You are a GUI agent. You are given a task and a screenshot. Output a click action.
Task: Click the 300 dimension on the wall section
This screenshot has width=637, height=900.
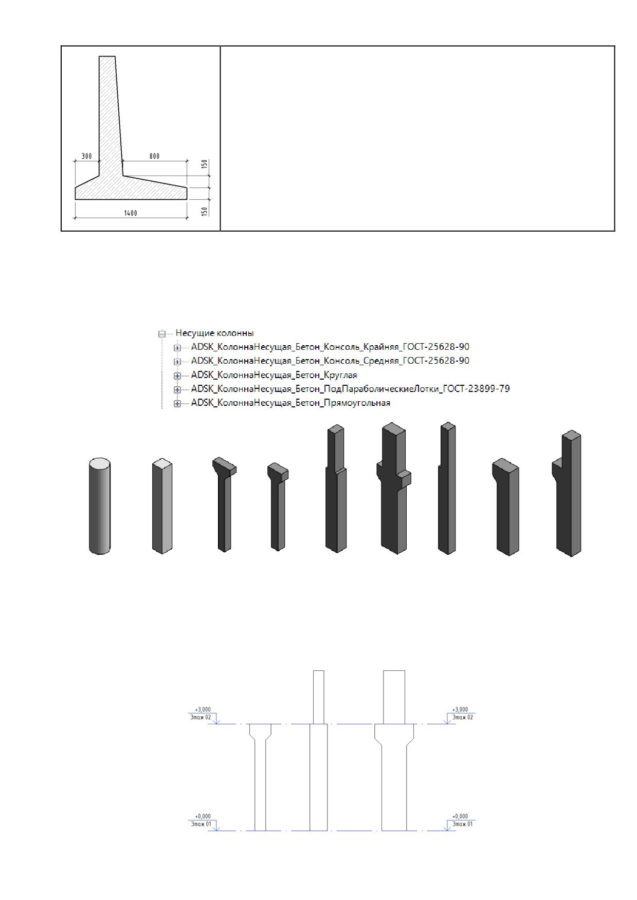pyautogui.click(x=87, y=156)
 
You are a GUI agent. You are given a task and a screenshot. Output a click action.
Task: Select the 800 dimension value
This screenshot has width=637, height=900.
pyautogui.click(x=154, y=156)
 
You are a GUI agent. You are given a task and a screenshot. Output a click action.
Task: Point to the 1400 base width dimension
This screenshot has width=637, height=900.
pyautogui.click(x=131, y=213)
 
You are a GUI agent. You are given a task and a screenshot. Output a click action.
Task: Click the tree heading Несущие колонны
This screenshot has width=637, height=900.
pyautogui.click(x=215, y=333)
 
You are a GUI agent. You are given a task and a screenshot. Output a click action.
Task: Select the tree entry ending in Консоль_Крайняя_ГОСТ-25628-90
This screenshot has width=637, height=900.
pyautogui.click(x=330, y=347)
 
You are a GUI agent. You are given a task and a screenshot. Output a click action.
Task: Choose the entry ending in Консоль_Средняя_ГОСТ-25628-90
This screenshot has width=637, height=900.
pyautogui.click(x=330, y=361)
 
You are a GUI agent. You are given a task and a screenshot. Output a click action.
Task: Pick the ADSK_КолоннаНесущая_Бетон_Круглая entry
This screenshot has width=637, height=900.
pyautogui.click(x=274, y=375)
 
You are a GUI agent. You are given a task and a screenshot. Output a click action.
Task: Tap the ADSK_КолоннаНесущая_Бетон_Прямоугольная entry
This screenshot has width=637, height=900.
pyautogui.click(x=290, y=403)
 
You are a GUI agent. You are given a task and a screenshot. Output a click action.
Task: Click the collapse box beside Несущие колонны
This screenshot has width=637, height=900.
pyautogui.click(x=162, y=333)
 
